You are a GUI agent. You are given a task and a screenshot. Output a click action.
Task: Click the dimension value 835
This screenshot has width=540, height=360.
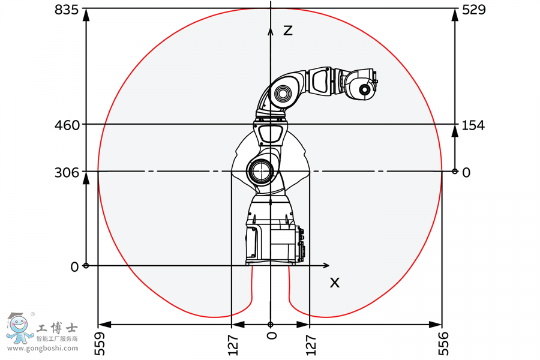pyautogui.click(x=67, y=10)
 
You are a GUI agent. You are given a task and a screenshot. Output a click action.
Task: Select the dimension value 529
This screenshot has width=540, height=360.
pyautogui.click(x=473, y=10)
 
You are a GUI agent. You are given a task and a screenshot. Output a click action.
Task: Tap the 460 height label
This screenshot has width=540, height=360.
pyautogui.click(x=67, y=125)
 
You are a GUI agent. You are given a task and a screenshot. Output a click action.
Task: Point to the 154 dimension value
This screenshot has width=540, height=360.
pyautogui.click(x=473, y=125)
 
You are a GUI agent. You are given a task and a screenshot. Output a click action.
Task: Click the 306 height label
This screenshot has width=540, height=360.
pyautogui.click(x=67, y=173)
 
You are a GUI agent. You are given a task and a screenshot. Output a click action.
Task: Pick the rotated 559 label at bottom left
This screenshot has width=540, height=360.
pyautogui.click(x=100, y=344)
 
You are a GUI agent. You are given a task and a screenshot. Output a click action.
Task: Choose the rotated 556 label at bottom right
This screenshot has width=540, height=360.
pyautogui.click(x=444, y=344)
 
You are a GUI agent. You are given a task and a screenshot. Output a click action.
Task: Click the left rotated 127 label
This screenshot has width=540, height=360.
pyautogui.click(x=233, y=344)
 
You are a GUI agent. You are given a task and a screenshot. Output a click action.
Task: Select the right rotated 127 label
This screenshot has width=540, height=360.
pyautogui.click(x=311, y=344)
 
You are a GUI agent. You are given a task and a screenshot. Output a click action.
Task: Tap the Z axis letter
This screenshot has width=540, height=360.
pyautogui.click(x=288, y=30)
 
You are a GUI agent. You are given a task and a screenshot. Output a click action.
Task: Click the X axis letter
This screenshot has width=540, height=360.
pyautogui.click(x=334, y=281)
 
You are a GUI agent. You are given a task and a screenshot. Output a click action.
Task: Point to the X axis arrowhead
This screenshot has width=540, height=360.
pyautogui.click(x=326, y=265)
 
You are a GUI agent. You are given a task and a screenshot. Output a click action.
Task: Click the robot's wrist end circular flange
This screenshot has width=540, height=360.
pyautogui.click(x=364, y=89)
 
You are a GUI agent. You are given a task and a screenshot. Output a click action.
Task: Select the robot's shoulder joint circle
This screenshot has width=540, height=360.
pyautogui.click(x=262, y=170)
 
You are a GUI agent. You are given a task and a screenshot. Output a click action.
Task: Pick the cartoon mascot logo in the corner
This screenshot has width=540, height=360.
pyautogui.click(x=17, y=328)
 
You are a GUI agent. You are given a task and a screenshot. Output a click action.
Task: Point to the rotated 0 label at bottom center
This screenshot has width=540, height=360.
pyautogui.click(x=272, y=335)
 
